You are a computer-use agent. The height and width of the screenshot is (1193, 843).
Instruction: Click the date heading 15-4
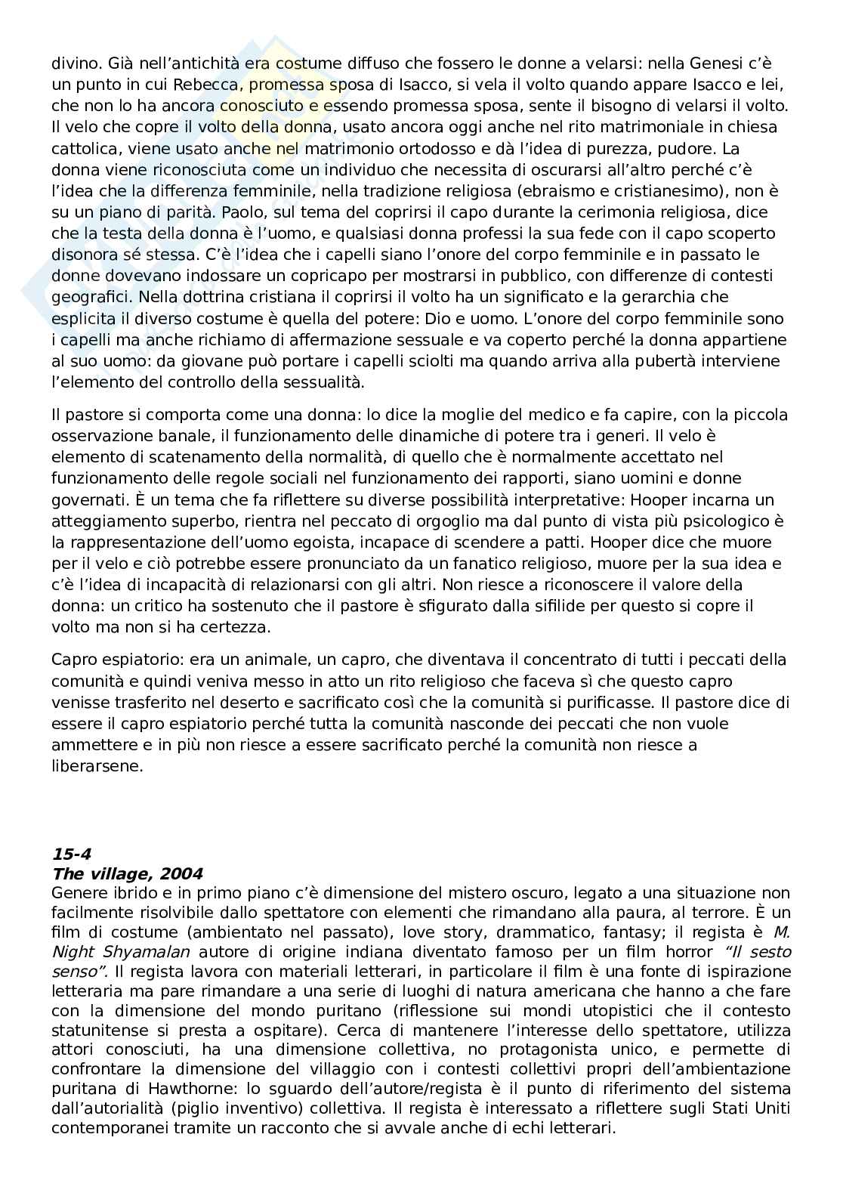(x=71, y=855)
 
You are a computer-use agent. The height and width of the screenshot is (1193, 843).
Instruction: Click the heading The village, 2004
(x=127, y=874)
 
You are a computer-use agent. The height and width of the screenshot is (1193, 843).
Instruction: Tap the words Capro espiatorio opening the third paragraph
(x=111, y=660)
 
